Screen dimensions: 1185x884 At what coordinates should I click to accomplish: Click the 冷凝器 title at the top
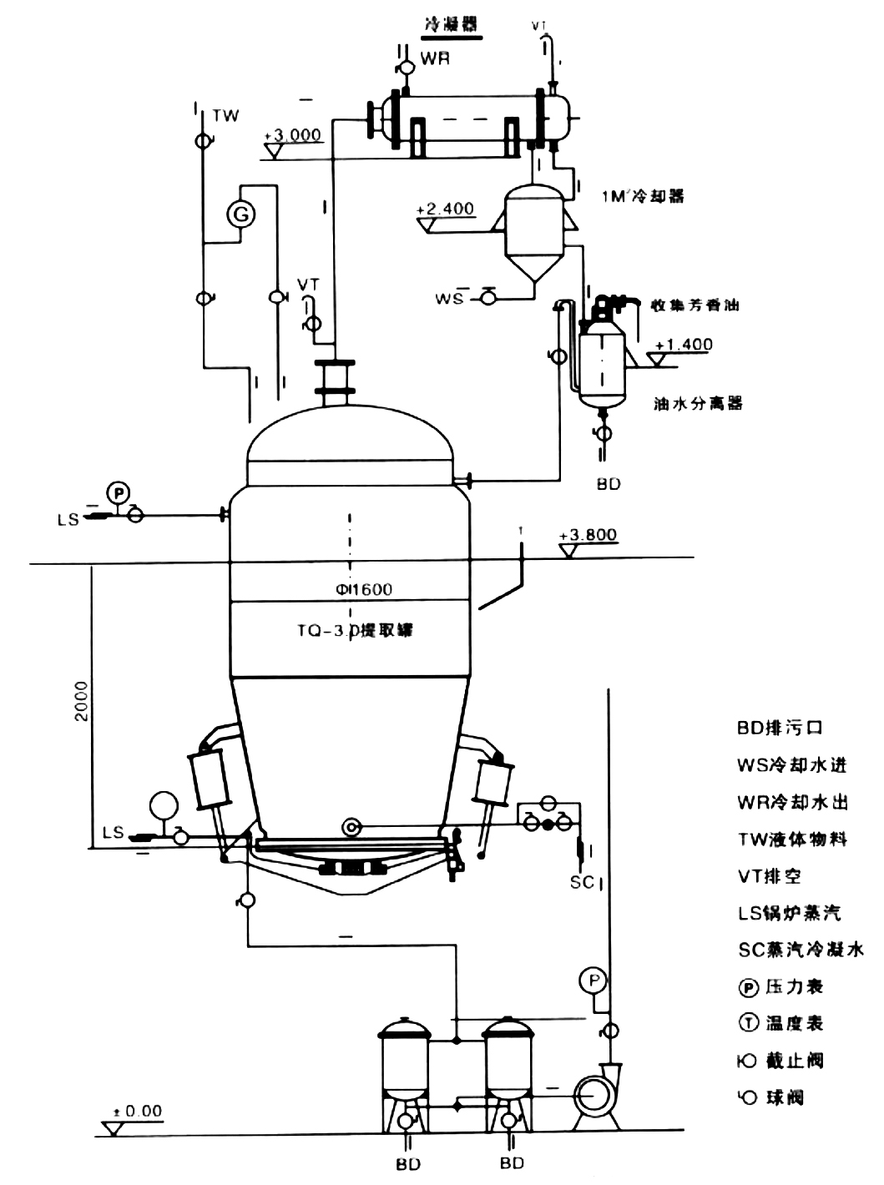(x=452, y=25)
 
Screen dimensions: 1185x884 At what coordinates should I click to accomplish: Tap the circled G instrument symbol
(x=241, y=215)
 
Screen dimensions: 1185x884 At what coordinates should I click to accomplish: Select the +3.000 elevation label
(x=292, y=134)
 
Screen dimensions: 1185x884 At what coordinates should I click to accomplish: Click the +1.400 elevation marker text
(x=684, y=345)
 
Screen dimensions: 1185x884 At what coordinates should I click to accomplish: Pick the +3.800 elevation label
(x=588, y=535)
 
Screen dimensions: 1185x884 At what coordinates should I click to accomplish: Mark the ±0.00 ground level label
(x=138, y=1111)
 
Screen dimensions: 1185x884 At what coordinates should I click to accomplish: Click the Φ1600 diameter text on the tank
(x=359, y=589)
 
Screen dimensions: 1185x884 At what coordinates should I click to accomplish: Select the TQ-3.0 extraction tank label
(x=355, y=630)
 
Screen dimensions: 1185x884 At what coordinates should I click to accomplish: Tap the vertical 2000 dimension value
(x=81, y=701)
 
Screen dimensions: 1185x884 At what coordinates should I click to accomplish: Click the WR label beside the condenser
(x=435, y=58)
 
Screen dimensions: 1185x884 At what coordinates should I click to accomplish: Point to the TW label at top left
(x=225, y=115)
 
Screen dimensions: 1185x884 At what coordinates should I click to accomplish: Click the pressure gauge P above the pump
(x=594, y=980)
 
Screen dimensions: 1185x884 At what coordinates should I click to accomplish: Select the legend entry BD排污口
(x=780, y=728)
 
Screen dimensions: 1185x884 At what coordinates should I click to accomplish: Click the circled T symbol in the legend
(x=748, y=1023)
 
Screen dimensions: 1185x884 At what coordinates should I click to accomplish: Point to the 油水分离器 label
(x=698, y=404)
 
